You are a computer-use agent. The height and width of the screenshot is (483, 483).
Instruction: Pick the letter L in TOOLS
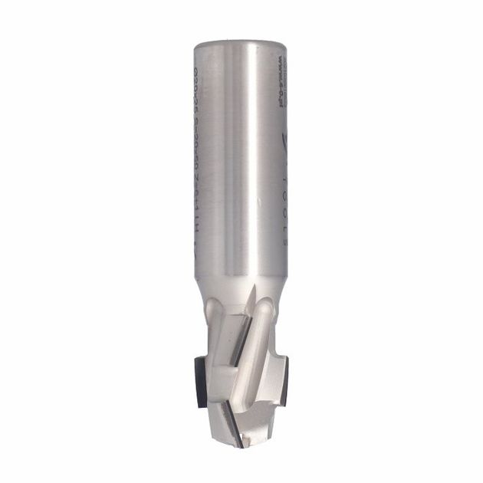(x=281, y=222)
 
